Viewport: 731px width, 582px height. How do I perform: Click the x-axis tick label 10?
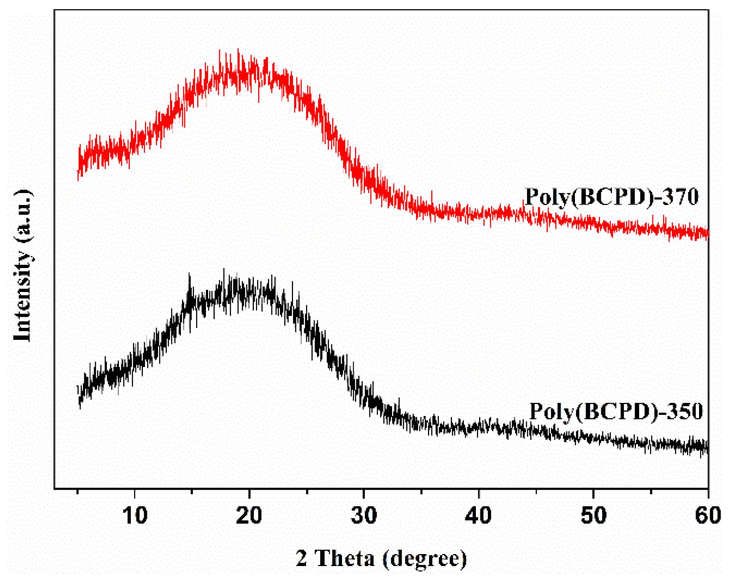pyautogui.click(x=135, y=515)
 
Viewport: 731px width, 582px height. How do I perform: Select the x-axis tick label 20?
pyautogui.click(x=249, y=515)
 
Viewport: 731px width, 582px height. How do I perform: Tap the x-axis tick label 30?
pyautogui.click(x=364, y=515)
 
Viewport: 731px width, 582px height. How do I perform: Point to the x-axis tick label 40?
pyautogui.click(x=478, y=515)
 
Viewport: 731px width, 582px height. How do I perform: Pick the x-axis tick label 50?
pyautogui.click(x=593, y=515)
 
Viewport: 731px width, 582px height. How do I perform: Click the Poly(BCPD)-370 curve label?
pyautogui.click(x=612, y=197)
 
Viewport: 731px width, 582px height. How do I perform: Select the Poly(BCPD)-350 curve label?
pyautogui.click(x=616, y=411)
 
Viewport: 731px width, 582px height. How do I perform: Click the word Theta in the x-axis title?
pyautogui.click(x=345, y=558)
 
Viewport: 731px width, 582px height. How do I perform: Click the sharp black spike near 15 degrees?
pyautogui.click(x=189, y=275)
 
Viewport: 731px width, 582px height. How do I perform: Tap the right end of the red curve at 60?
pyautogui.click(x=707, y=233)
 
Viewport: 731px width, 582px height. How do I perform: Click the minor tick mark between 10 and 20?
pyautogui.click(x=192, y=491)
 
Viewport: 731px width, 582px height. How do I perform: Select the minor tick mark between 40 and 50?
pyautogui.click(x=536, y=491)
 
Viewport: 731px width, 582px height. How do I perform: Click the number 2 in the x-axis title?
pyautogui.click(x=301, y=558)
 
